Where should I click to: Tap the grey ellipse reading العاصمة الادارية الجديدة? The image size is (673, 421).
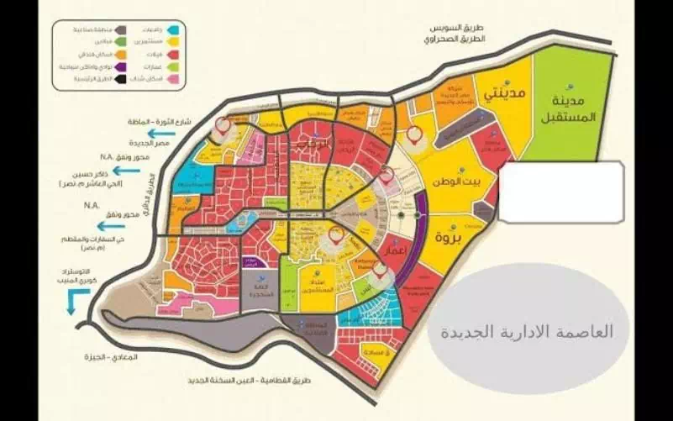coord(527,329)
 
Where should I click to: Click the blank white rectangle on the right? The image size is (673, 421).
coord(561,192)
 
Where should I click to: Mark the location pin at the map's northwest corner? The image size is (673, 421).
coord(222,128)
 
